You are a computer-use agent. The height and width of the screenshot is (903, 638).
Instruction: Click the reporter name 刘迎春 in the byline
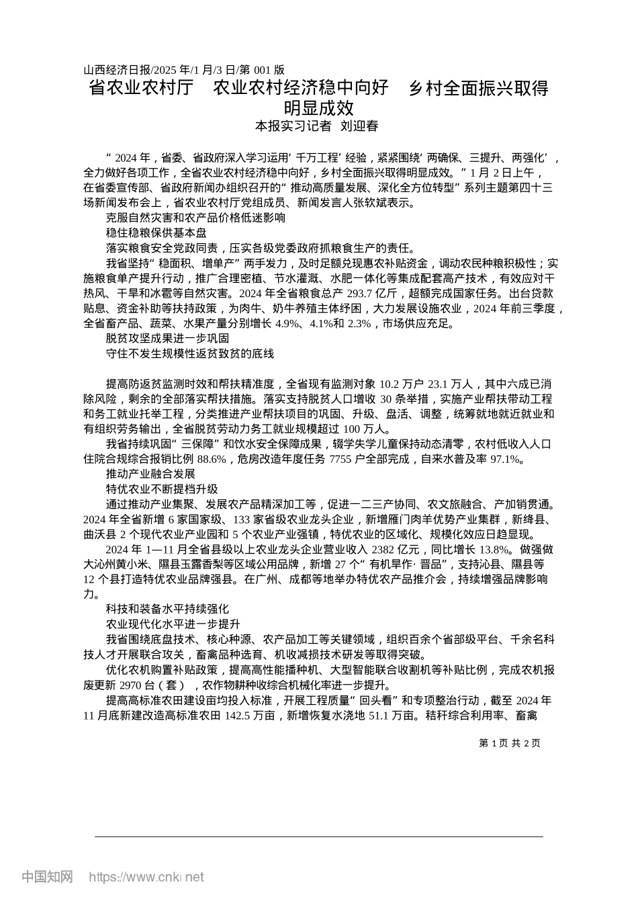point(360,126)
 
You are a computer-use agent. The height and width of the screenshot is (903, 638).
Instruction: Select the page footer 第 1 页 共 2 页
point(509,742)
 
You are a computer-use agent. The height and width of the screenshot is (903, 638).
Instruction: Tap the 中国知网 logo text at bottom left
point(47,876)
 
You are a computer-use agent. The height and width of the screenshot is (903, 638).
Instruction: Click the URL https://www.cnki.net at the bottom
point(146,876)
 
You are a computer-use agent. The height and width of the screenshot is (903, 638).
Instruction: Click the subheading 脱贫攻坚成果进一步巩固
point(167,338)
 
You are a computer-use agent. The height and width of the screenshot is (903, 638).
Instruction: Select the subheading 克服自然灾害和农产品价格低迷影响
point(195,218)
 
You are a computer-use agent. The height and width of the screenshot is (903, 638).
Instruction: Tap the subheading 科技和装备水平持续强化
point(167,609)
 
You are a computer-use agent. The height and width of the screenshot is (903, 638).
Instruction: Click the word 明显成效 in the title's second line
point(318,107)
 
